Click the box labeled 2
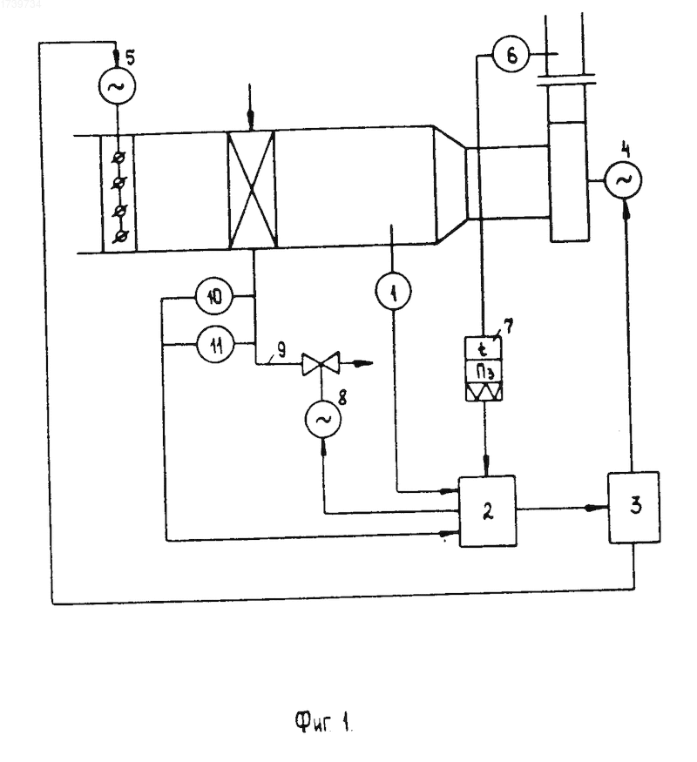pos(488,510)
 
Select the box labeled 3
pos(634,506)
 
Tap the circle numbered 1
pos(393,292)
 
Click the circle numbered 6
pos(511,56)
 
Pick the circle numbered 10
pos(213,296)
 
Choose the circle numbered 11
pos(215,346)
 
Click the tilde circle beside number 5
pos(116,86)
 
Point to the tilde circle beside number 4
pos(623,179)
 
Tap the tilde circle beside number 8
pos(322,421)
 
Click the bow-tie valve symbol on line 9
pos(321,363)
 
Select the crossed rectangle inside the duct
pos(253,190)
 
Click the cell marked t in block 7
pos(484,349)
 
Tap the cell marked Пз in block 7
pos(484,372)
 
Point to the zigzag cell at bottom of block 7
pos(484,392)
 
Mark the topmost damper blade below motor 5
pos(118,158)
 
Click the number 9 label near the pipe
pos(281,350)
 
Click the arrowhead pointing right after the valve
pos(362,363)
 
